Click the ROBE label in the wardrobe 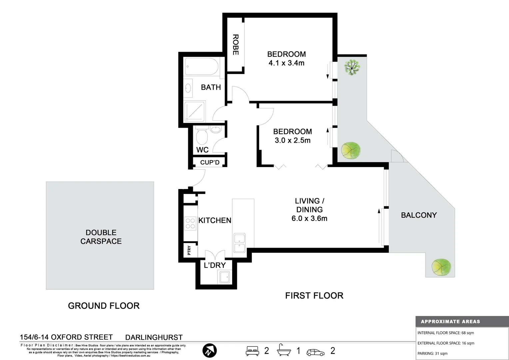coord(236,45)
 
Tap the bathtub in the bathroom coord(201,67)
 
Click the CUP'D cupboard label coord(210,163)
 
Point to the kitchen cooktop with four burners coord(190,223)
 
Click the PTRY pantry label coord(189,250)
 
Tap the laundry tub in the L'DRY coord(224,277)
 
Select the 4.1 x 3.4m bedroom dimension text coord(286,63)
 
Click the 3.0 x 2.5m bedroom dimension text coord(292,140)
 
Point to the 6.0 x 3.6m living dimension coord(309,219)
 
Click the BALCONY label coord(419,215)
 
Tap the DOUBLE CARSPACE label coord(101,237)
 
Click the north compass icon coord(210,351)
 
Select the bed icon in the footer coord(252,351)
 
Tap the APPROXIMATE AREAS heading coord(450,322)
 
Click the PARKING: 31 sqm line coord(432,353)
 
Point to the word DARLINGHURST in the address coord(154,337)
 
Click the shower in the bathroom coord(195,111)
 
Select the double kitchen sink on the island coord(240,243)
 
